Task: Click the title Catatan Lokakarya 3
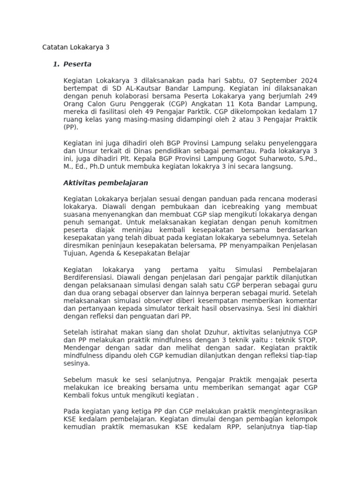pos(75,47)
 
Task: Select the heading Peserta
pos(77,64)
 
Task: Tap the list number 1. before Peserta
pos(56,64)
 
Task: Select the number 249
pos(311,96)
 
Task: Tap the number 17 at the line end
pos(313,112)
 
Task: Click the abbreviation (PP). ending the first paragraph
pos(71,127)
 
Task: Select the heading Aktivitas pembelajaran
pos(105,182)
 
